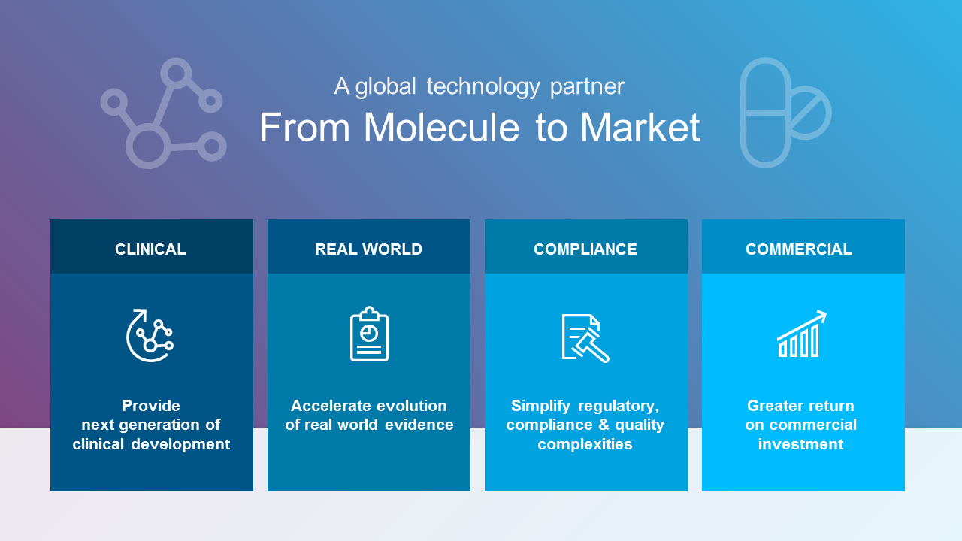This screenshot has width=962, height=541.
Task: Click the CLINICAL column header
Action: [x=150, y=249]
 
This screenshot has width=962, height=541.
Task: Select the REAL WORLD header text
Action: [x=368, y=249]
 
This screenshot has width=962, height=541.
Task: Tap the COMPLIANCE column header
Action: [x=585, y=249]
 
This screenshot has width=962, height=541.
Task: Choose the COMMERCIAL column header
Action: [x=798, y=249]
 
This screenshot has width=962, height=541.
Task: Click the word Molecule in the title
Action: [x=442, y=127]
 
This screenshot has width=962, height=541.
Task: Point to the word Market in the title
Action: [x=640, y=127]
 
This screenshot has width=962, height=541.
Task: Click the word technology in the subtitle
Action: [x=483, y=86]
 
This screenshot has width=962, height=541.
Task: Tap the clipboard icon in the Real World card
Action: [x=369, y=334]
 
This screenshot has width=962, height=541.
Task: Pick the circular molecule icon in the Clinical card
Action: [x=150, y=335]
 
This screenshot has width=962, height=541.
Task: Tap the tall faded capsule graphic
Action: [x=764, y=113]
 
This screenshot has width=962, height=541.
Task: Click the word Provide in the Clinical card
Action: [x=151, y=406]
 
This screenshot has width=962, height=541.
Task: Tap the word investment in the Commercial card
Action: [x=800, y=444]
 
